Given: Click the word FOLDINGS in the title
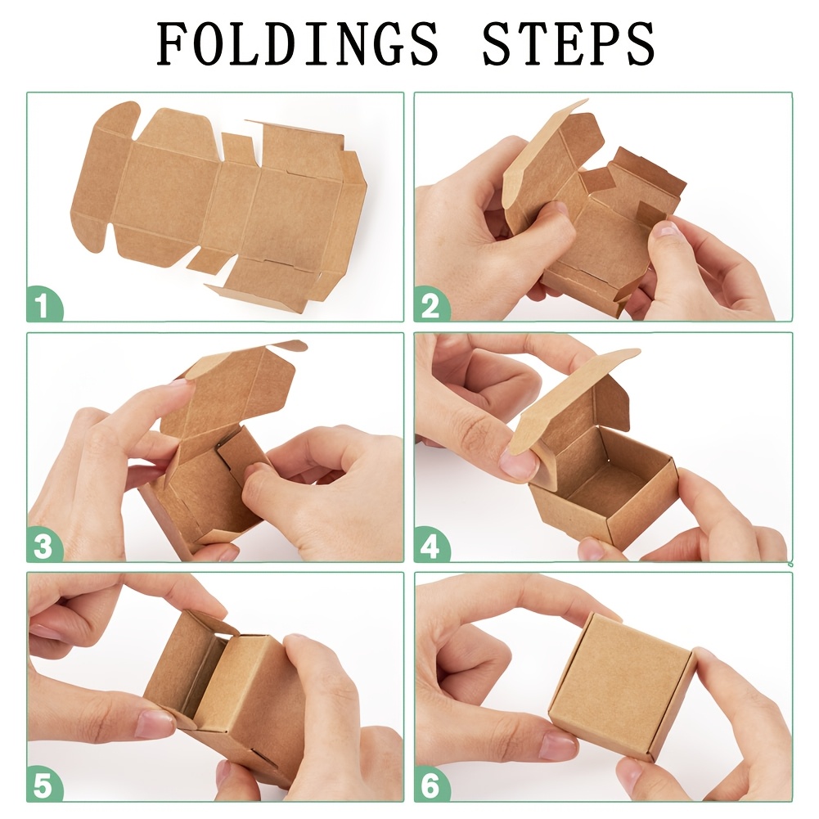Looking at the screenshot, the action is point(298,44).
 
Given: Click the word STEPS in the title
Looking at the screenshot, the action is point(569,44).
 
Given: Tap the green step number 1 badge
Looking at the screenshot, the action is point(44,304).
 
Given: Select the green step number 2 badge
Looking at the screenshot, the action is point(431,305).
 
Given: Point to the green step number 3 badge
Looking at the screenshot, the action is point(44,545).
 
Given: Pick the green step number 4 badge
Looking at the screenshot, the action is point(431,545).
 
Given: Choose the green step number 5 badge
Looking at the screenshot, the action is point(44,785).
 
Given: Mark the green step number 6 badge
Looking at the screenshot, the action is point(431,785).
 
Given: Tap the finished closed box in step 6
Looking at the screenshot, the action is point(622,686).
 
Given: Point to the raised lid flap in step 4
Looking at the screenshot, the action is point(574,397).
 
